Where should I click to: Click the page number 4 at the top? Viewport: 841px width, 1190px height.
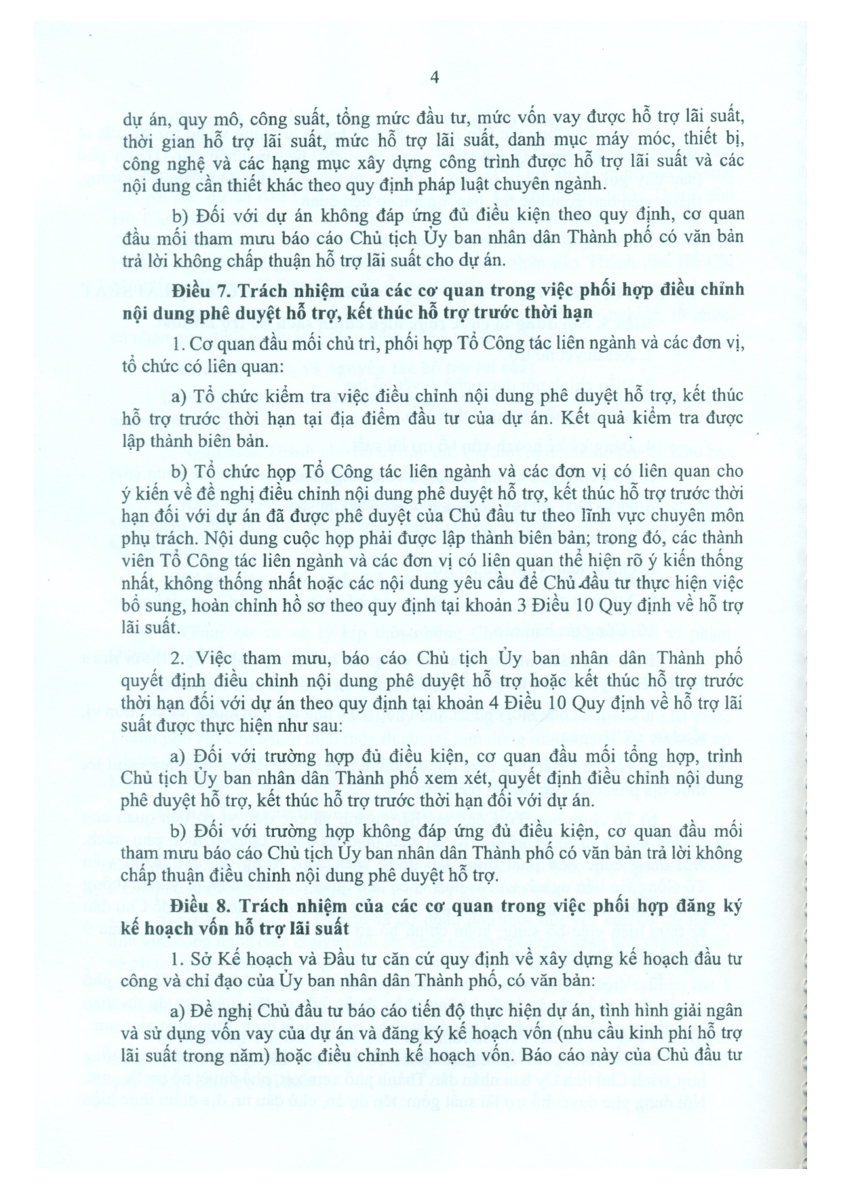(x=435, y=78)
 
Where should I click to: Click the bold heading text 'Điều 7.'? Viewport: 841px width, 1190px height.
(x=196, y=290)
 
